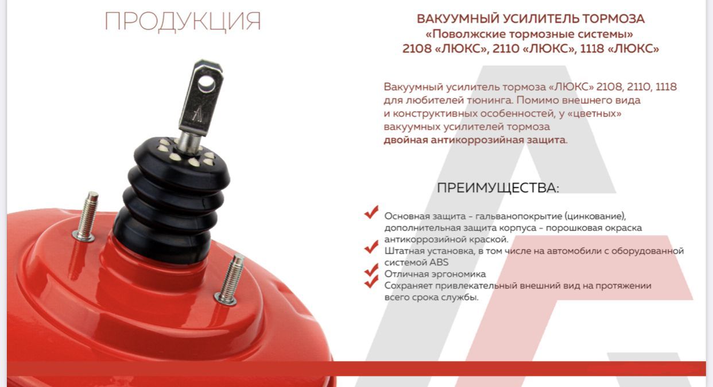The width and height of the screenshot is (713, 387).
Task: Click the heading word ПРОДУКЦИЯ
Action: click(x=183, y=22)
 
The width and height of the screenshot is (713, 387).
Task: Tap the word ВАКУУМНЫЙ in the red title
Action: click(x=458, y=19)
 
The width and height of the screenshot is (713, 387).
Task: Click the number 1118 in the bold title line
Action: click(x=592, y=48)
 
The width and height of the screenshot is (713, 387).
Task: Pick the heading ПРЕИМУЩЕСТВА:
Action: click(x=498, y=188)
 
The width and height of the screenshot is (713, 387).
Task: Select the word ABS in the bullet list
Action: click(x=439, y=262)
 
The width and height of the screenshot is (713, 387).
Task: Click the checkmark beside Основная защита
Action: click(x=371, y=212)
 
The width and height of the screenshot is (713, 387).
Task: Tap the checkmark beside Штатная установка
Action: click(x=371, y=247)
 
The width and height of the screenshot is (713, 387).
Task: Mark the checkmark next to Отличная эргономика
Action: click(x=371, y=270)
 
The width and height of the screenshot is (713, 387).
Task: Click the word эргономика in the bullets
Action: click(x=460, y=274)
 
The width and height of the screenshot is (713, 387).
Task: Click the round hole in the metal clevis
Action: click(x=207, y=83)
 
